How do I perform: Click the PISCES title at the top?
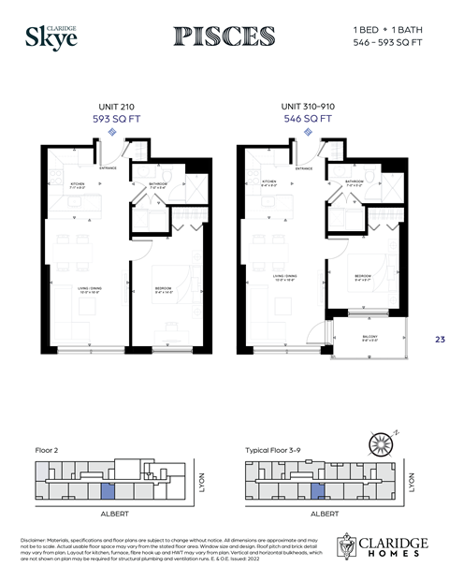click(x=224, y=36)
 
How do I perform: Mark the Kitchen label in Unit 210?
click(x=78, y=184)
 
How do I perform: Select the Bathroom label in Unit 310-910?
click(x=355, y=182)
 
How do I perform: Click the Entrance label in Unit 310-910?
click(x=304, y=168)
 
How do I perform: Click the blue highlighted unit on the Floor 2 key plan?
click(x=107, y=491)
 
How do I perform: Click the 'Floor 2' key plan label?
click(x=46, y=450)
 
